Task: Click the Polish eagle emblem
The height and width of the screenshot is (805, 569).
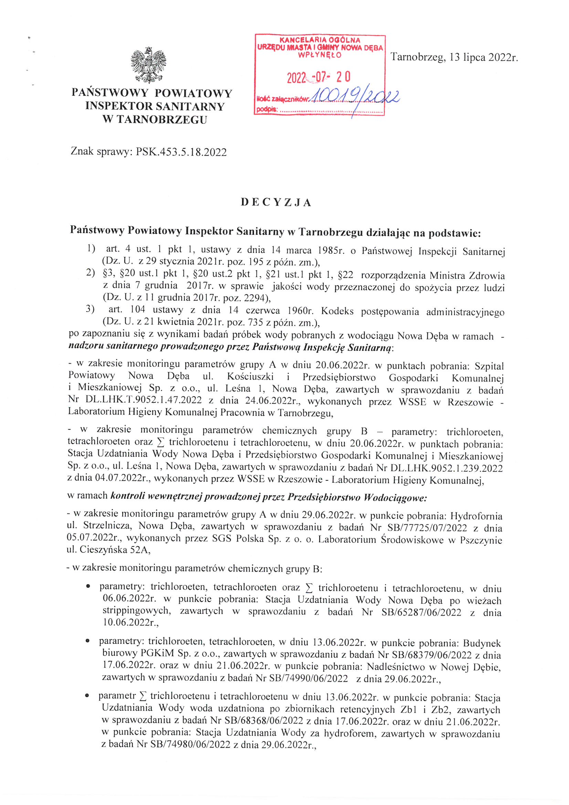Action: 148,65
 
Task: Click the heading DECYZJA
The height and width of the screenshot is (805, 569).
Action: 276,203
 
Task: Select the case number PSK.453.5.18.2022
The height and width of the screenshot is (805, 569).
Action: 181,152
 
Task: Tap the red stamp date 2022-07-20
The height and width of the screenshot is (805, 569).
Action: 318,77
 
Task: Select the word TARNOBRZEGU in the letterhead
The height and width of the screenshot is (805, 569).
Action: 162,119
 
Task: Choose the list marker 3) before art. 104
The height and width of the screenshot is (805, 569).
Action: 90,309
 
